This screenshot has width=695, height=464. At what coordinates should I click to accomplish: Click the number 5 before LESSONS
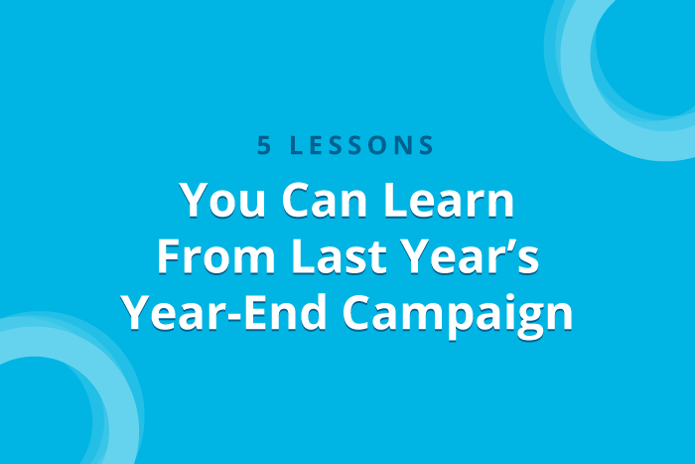(264, 145)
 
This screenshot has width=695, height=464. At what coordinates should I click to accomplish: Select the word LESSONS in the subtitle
(361, 145)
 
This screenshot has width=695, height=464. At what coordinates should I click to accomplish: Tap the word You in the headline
(222, 200)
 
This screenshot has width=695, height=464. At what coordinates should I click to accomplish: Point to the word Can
(325, 200)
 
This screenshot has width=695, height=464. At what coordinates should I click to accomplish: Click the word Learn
(449, 200)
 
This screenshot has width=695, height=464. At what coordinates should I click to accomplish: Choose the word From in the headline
(216, 256)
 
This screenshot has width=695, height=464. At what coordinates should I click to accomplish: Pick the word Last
(340, 255)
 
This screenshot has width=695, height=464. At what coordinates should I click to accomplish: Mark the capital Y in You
(198, 200)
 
